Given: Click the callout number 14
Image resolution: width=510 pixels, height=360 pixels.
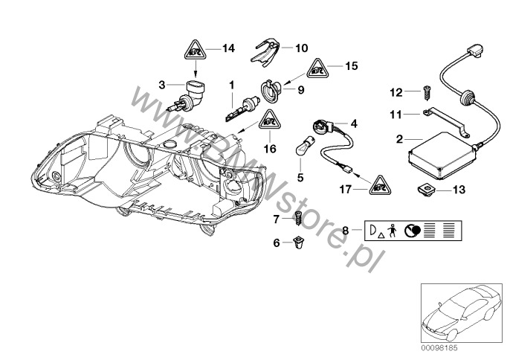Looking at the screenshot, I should coord(227,49).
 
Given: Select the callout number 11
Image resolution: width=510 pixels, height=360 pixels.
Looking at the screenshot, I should coord(397,115).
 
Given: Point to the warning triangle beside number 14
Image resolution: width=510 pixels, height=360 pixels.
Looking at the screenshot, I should coord(194,51).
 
